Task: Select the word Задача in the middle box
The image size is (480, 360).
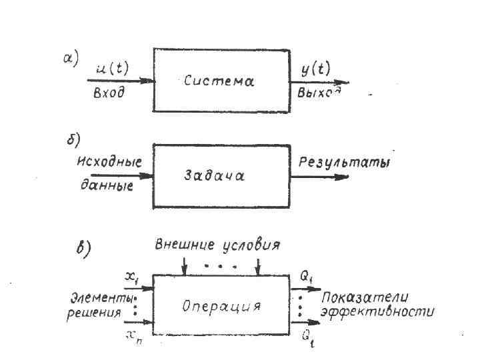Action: pos(215,176)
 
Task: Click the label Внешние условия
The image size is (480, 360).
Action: pos(218,245)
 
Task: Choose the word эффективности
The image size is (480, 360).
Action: pos(377,311)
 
